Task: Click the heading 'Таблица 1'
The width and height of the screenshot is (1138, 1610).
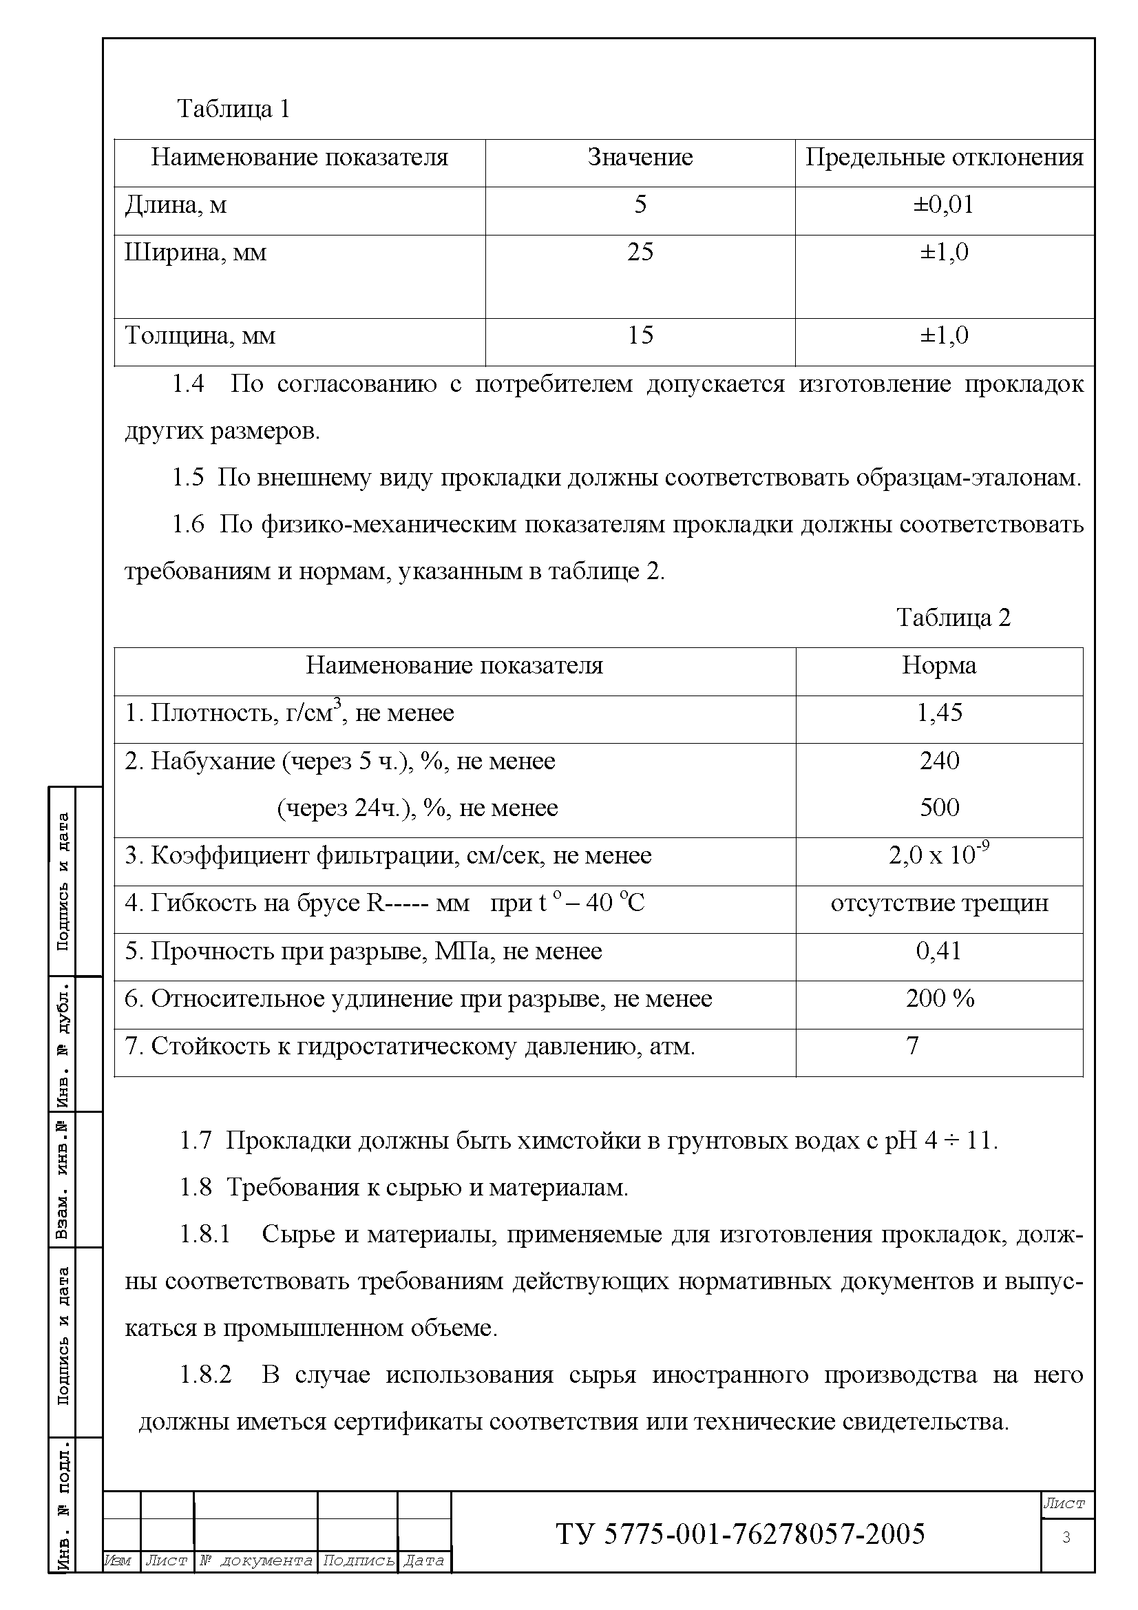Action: (x=233, y=109)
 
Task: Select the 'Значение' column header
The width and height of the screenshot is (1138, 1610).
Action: (x=640, y=157)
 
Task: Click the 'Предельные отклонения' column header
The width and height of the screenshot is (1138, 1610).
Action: (x=944, y=157)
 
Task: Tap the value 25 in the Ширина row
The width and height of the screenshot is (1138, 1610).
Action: (x=640, y=252)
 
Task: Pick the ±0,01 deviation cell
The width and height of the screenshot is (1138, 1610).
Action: (x=944, y=205)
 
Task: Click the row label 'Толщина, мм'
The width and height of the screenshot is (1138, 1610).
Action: (x=200, y=335)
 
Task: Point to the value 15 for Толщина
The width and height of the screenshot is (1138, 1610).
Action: (x=640, y=335)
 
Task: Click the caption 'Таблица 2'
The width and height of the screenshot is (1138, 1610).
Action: (x=953, y=618)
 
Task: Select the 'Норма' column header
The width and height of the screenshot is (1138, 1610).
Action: (x=938, y=665)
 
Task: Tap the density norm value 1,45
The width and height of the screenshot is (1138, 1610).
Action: (x=939, y=713)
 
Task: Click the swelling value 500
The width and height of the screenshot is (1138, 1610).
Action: (x=939, y=808)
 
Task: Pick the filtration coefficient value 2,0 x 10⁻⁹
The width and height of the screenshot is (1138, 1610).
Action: (x=939, y=855)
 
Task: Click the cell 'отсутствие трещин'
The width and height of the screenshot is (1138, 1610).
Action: (x=939, y=903)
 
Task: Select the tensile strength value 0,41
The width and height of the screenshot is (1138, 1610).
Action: (x=939, y=951)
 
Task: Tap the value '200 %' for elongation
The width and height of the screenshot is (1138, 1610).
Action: (x=939, y=999)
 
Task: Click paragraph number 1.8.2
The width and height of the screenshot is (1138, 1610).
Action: (x=205, y=1375)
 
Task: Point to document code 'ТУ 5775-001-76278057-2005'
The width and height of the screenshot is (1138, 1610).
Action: (x=741, y=1534)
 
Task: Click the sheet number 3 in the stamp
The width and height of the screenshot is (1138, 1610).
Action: (x=1066, y=1538)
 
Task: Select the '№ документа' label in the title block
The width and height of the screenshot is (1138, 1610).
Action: (x=256, y=1561)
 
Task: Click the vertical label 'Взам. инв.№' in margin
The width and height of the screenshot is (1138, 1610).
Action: (x=63, y=1180)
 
